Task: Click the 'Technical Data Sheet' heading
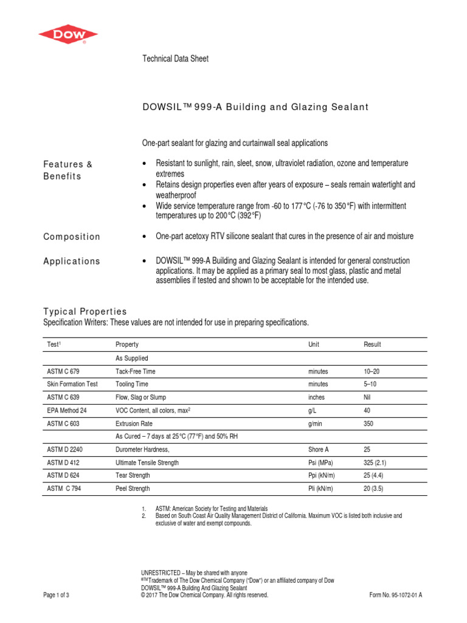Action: click(x=175, y=59)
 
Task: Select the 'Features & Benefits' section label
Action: click(x=67, y=170)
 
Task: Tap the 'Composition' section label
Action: click(x=72, y=237)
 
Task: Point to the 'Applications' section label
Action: click(x=72, y=261)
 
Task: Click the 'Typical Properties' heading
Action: click(x=85, y=311)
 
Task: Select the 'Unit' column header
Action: click(x=314, y=344)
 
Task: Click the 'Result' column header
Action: click(x=372, y=344)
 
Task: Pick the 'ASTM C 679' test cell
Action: click(x=63, y=371)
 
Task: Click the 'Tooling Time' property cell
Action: click(x=132, y=384)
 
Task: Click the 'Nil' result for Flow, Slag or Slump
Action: click(x=367, y=397)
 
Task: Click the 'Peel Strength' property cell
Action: click(x=133, y=489)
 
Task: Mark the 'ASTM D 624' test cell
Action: click(x=63, y=476)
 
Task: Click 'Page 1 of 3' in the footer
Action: click(x=57, y=596)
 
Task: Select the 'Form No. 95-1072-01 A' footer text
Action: click(x=395, y=596)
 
